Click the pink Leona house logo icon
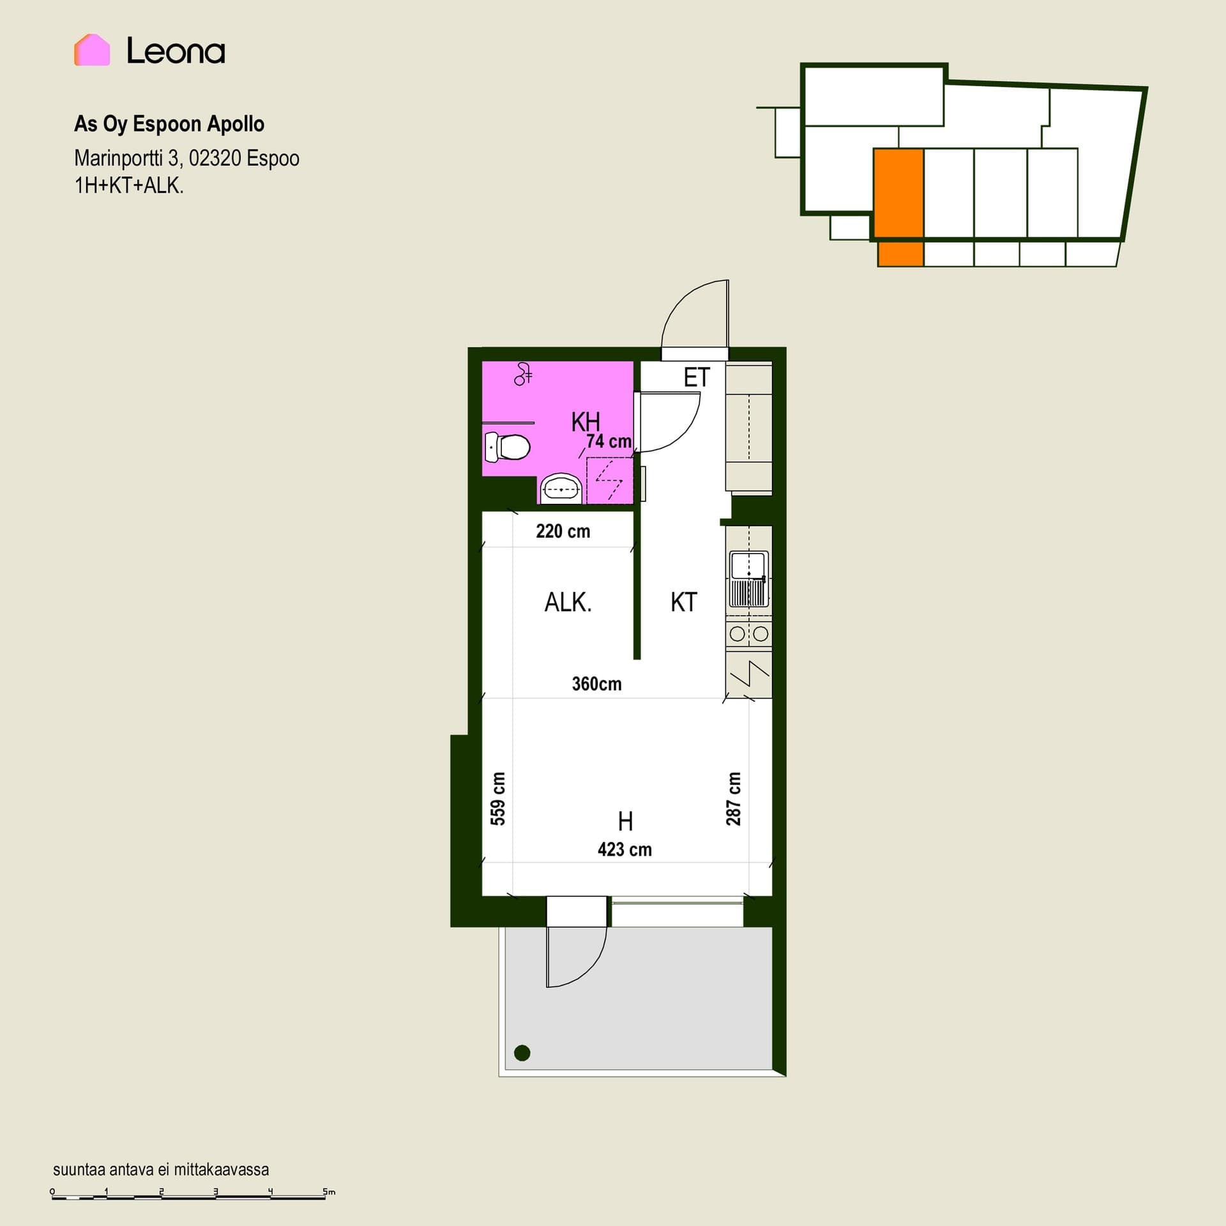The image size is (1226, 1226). click(92, 50)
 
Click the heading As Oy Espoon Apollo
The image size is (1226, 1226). click(169, 124)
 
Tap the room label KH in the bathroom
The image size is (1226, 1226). click(586, 421)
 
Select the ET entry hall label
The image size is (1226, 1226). click(697, 377)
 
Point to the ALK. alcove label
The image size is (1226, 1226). click(568, 602)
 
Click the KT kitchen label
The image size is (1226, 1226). click(684, 602)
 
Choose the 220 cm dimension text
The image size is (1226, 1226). click(563, 531)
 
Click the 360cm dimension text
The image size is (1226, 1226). click(597, 684)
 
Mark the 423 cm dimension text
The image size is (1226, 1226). click(625, 849)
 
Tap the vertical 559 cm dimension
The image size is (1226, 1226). click(498, 799)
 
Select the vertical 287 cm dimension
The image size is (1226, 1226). click(734, 799)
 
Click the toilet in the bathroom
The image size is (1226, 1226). click(508, 447)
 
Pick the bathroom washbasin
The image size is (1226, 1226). click(561, 490)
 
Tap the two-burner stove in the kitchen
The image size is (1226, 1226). click(749, 633)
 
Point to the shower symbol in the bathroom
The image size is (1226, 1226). click(523, 374)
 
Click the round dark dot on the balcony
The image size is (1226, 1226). click(522, 1053)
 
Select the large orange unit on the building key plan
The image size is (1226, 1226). click(898, 193)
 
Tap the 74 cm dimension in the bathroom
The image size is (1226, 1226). click(609, 441)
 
